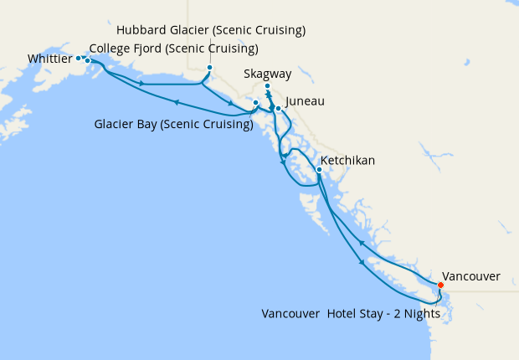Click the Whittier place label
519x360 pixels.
click(49, 59)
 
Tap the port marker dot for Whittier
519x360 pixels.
click(79, 58)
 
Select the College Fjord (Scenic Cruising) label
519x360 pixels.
click(173, 48)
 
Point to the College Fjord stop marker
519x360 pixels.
click(87, 60)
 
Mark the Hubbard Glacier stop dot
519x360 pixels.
click(209, 68)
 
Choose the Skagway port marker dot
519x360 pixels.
click(267, 86)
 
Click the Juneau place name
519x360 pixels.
click(305, 102)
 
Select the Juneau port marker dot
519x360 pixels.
click(278, 108)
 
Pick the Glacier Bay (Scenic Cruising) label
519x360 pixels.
click(174, 125)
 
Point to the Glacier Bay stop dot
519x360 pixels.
click(255, 103)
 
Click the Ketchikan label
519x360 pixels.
click(347, 160)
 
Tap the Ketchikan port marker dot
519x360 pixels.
click(319, 169)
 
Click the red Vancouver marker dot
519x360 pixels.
click(441, 284)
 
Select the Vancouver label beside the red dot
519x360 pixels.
click(470, 275)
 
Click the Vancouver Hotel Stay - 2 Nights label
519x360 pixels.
click(352, 314)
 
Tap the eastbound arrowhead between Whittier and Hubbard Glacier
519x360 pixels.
click(142, 83)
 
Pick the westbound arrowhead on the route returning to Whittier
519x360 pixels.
click(177, 102)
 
